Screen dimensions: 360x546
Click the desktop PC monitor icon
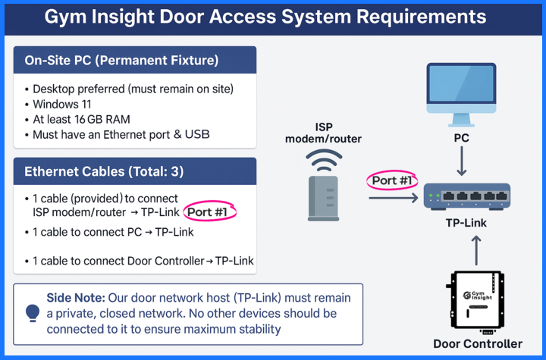point(462,91)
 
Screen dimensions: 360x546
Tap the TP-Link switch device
point(466,196)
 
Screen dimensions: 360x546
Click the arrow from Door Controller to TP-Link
point(476,250)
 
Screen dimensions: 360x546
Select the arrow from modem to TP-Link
point(394,199)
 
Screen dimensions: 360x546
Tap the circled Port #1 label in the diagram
point(392,180)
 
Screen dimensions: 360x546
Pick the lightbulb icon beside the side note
point(33,311)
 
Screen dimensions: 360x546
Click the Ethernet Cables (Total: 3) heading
point(104,171)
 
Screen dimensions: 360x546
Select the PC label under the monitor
point(462,139)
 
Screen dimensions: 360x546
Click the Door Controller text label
point(478,343)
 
